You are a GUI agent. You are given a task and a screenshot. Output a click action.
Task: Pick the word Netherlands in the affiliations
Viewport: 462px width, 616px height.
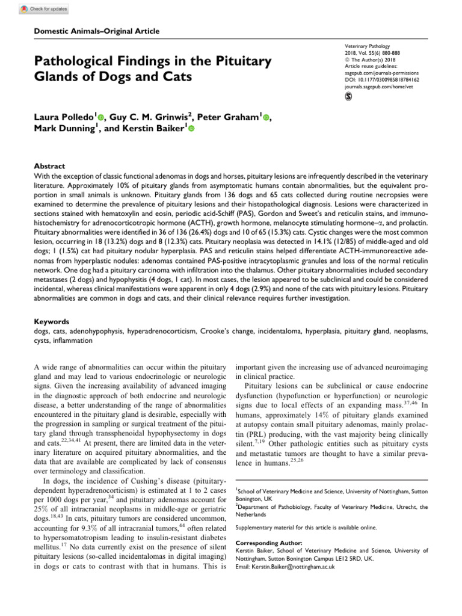click(252, 515)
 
